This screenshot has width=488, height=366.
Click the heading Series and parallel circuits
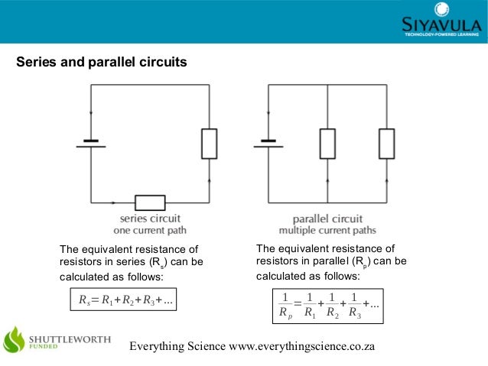(102, 62)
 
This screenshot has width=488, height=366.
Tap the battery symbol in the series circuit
(92, 144)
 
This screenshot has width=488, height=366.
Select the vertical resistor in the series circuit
(209, 143)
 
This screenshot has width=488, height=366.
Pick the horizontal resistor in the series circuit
(150, 202)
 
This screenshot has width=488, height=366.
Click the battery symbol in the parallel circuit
(268, 143)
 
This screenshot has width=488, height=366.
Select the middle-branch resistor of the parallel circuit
(327, 143)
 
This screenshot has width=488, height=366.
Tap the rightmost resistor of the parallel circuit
(386, 143)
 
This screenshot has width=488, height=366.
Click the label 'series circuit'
(149, 219)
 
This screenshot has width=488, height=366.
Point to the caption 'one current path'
(149, 230)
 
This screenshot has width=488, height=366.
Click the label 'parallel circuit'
(327, 219)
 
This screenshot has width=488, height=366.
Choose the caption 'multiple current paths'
(327, 230)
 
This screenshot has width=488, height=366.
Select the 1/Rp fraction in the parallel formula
(284, 304)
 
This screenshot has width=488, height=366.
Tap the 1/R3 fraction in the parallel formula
(354, 304)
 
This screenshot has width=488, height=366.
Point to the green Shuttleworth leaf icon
(16, 342)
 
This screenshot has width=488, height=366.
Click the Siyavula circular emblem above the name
(441, 8)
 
